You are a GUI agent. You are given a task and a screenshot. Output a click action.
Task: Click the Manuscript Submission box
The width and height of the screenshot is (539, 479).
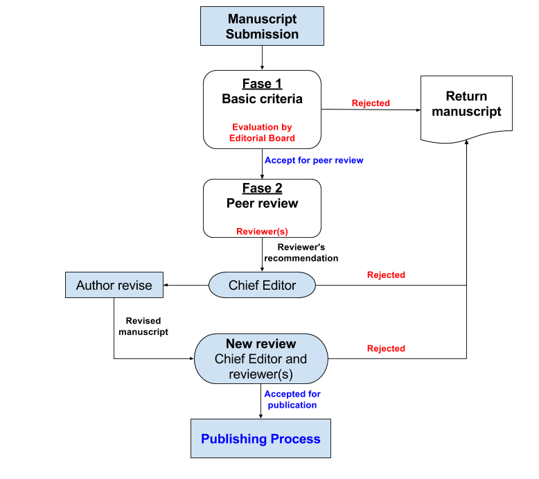(262, 26)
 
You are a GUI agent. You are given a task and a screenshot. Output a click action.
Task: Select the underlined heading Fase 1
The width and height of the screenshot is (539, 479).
(262, 84)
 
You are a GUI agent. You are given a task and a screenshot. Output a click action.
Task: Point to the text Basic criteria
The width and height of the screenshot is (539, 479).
(262, 99)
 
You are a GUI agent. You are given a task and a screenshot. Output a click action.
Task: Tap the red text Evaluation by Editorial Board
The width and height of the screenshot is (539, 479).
(262, 132)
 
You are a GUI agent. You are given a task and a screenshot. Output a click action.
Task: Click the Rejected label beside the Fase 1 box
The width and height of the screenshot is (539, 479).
(371, 103)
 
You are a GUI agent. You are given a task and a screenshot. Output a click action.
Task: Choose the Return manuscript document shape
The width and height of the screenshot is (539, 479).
(466, 107)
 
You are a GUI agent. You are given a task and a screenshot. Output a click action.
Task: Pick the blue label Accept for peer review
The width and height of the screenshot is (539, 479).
(314, 160)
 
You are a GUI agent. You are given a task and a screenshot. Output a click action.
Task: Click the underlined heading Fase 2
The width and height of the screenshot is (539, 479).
(262, 189)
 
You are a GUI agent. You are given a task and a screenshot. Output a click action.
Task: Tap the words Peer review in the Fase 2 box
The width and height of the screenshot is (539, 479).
(262, 204)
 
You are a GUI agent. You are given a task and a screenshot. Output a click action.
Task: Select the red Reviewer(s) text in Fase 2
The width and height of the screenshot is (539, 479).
(262, 232)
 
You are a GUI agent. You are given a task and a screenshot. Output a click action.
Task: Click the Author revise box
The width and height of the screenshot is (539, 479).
(114, 285)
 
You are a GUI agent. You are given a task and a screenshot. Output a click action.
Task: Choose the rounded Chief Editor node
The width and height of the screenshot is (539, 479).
(262, 285)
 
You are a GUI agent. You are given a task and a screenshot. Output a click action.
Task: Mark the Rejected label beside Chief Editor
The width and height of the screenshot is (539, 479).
(386, 275)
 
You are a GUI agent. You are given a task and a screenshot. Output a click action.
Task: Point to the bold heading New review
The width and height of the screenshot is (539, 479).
(260, 344)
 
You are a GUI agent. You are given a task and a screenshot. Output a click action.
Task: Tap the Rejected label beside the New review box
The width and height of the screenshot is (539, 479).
(386, 349)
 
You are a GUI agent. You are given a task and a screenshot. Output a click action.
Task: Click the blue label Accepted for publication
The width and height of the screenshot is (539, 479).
(292, 400)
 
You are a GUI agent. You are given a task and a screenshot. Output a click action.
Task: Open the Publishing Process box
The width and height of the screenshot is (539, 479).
(260, 439)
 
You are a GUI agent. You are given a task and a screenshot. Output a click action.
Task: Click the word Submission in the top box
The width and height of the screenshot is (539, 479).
(262, 34)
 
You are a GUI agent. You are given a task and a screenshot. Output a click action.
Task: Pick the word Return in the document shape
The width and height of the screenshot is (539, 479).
(466, 96)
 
